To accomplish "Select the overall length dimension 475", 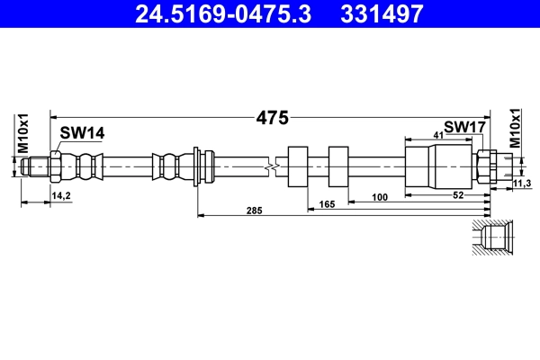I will point(271,117).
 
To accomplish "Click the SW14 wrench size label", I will point(83,133).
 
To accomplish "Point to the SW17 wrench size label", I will point(465,128).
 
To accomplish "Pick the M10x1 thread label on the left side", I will point(24,133).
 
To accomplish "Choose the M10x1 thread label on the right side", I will point(516,128).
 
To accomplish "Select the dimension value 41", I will point(437,134).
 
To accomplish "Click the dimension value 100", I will point(378,195).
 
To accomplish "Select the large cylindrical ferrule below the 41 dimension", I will point(422,166).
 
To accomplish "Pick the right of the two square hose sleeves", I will point(339,166).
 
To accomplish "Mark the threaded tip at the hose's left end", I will point(35,166).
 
